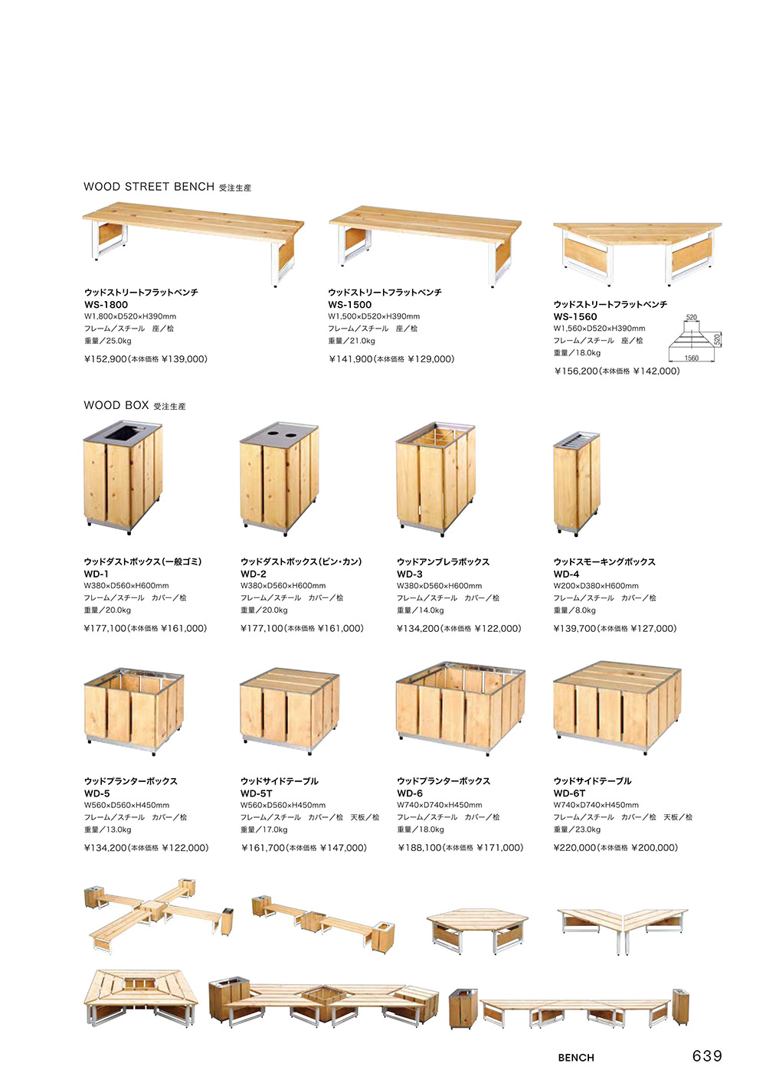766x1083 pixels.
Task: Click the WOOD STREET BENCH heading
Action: [149, 187]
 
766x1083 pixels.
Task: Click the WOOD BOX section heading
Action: [116, 405]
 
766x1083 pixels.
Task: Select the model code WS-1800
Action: [106, 305]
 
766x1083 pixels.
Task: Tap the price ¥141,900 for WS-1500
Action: [351, 359]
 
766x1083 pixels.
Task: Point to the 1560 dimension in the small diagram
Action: [691, 358]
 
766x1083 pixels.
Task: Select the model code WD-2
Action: [254, 574]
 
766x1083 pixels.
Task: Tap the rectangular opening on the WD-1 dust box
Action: [121, 434]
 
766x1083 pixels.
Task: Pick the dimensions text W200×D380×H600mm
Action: [596, 586]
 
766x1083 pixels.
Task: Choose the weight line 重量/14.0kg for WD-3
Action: [420, 610]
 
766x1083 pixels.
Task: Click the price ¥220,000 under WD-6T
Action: [574, 848]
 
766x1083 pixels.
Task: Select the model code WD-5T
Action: [256, 793]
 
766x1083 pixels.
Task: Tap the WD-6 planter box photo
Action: [460, 708]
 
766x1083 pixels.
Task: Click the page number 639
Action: [707, 1056]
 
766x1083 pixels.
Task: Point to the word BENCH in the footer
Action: [576, 1058]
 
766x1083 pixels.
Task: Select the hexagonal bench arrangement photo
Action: [477, 928]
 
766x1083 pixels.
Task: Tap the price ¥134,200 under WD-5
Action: [106, 848]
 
